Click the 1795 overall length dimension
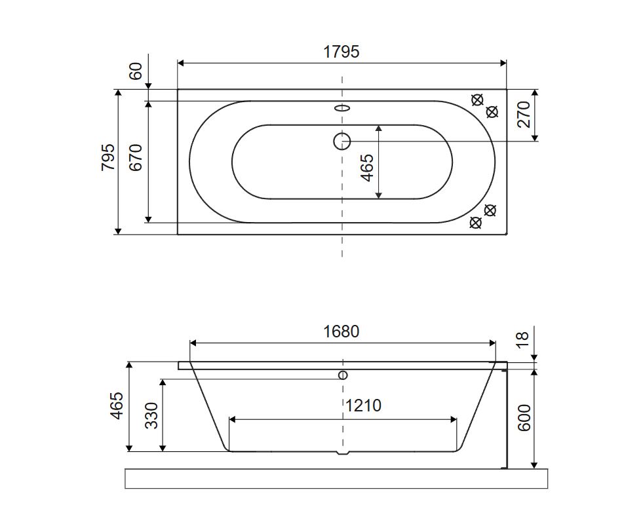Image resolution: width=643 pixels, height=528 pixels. click(341, 52)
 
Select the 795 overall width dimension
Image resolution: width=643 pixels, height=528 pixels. click(108, 157)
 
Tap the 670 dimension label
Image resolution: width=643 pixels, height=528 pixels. click(135, 157)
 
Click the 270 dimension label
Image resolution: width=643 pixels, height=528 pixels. click(524, 115)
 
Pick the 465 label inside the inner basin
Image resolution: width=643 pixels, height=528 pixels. click(368, 167)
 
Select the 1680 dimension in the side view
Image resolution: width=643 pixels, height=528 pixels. click(341, 331)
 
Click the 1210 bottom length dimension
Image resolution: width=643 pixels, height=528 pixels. click(363, 405)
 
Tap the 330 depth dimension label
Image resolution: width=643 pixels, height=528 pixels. click(151, 415)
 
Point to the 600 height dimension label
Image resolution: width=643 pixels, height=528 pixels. click(524, 418)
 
